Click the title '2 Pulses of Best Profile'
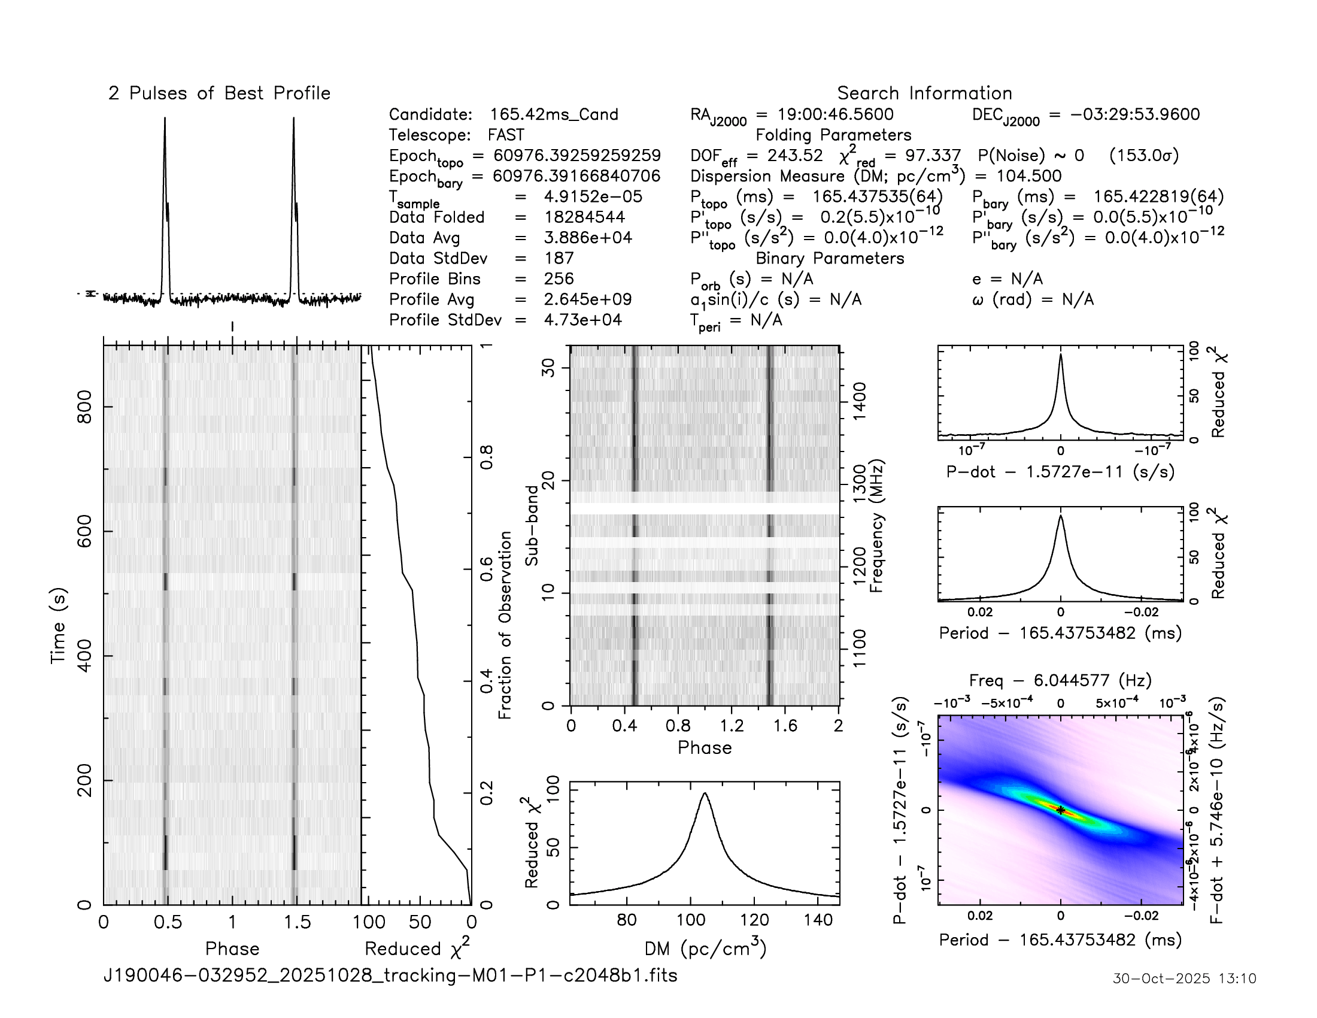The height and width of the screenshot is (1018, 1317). [x=219, y=93]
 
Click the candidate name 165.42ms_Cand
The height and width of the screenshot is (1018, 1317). [x=554, y=114]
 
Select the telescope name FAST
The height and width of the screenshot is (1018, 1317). [x=506, y=135]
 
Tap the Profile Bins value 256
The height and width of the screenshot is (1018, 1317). [x=559, y=278]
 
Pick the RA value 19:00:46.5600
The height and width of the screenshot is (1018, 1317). [x=835, y=114]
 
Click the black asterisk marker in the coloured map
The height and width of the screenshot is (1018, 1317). [x=1061, y=811]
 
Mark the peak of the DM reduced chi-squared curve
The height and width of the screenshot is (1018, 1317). [x=705, y=793]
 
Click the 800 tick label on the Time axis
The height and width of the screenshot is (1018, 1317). [x=85, y=407]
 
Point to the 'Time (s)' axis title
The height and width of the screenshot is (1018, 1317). [x=58, y=625]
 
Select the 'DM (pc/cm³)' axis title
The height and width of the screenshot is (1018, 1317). [x=705, y=949]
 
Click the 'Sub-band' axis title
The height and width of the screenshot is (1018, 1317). [x=531, y=525]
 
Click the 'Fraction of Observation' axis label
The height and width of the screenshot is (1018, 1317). [x=505, y=625]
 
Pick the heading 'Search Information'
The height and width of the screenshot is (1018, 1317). [x=924, y=93]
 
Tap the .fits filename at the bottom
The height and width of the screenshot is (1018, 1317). [x=390, y=975]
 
